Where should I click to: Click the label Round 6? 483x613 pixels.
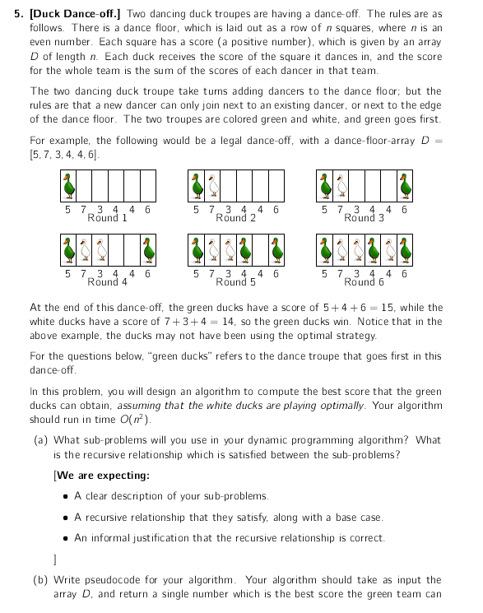click(364, 281)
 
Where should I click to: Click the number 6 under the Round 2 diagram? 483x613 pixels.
click(276, 210)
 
